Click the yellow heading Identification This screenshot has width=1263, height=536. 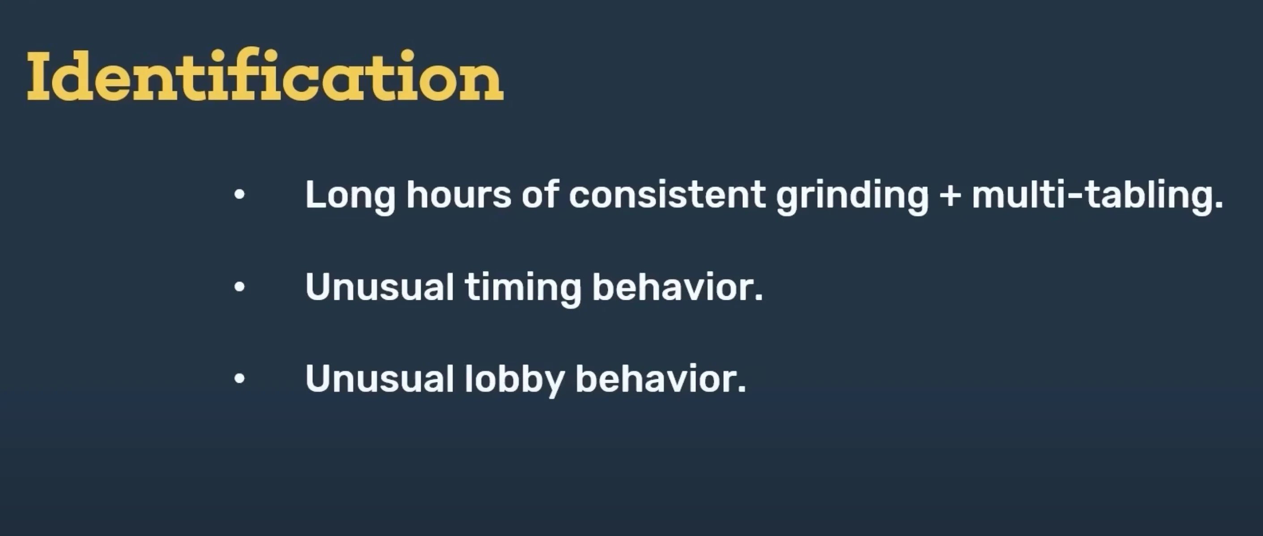tap(265, 75)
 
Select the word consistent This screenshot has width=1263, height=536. tap(667, 195)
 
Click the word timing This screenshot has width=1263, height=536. tap(523, 288)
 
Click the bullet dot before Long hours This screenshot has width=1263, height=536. tap(239, 195)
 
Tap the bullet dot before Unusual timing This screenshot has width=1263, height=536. tap(239, 287)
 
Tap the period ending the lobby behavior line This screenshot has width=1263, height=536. tap(741, 389)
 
